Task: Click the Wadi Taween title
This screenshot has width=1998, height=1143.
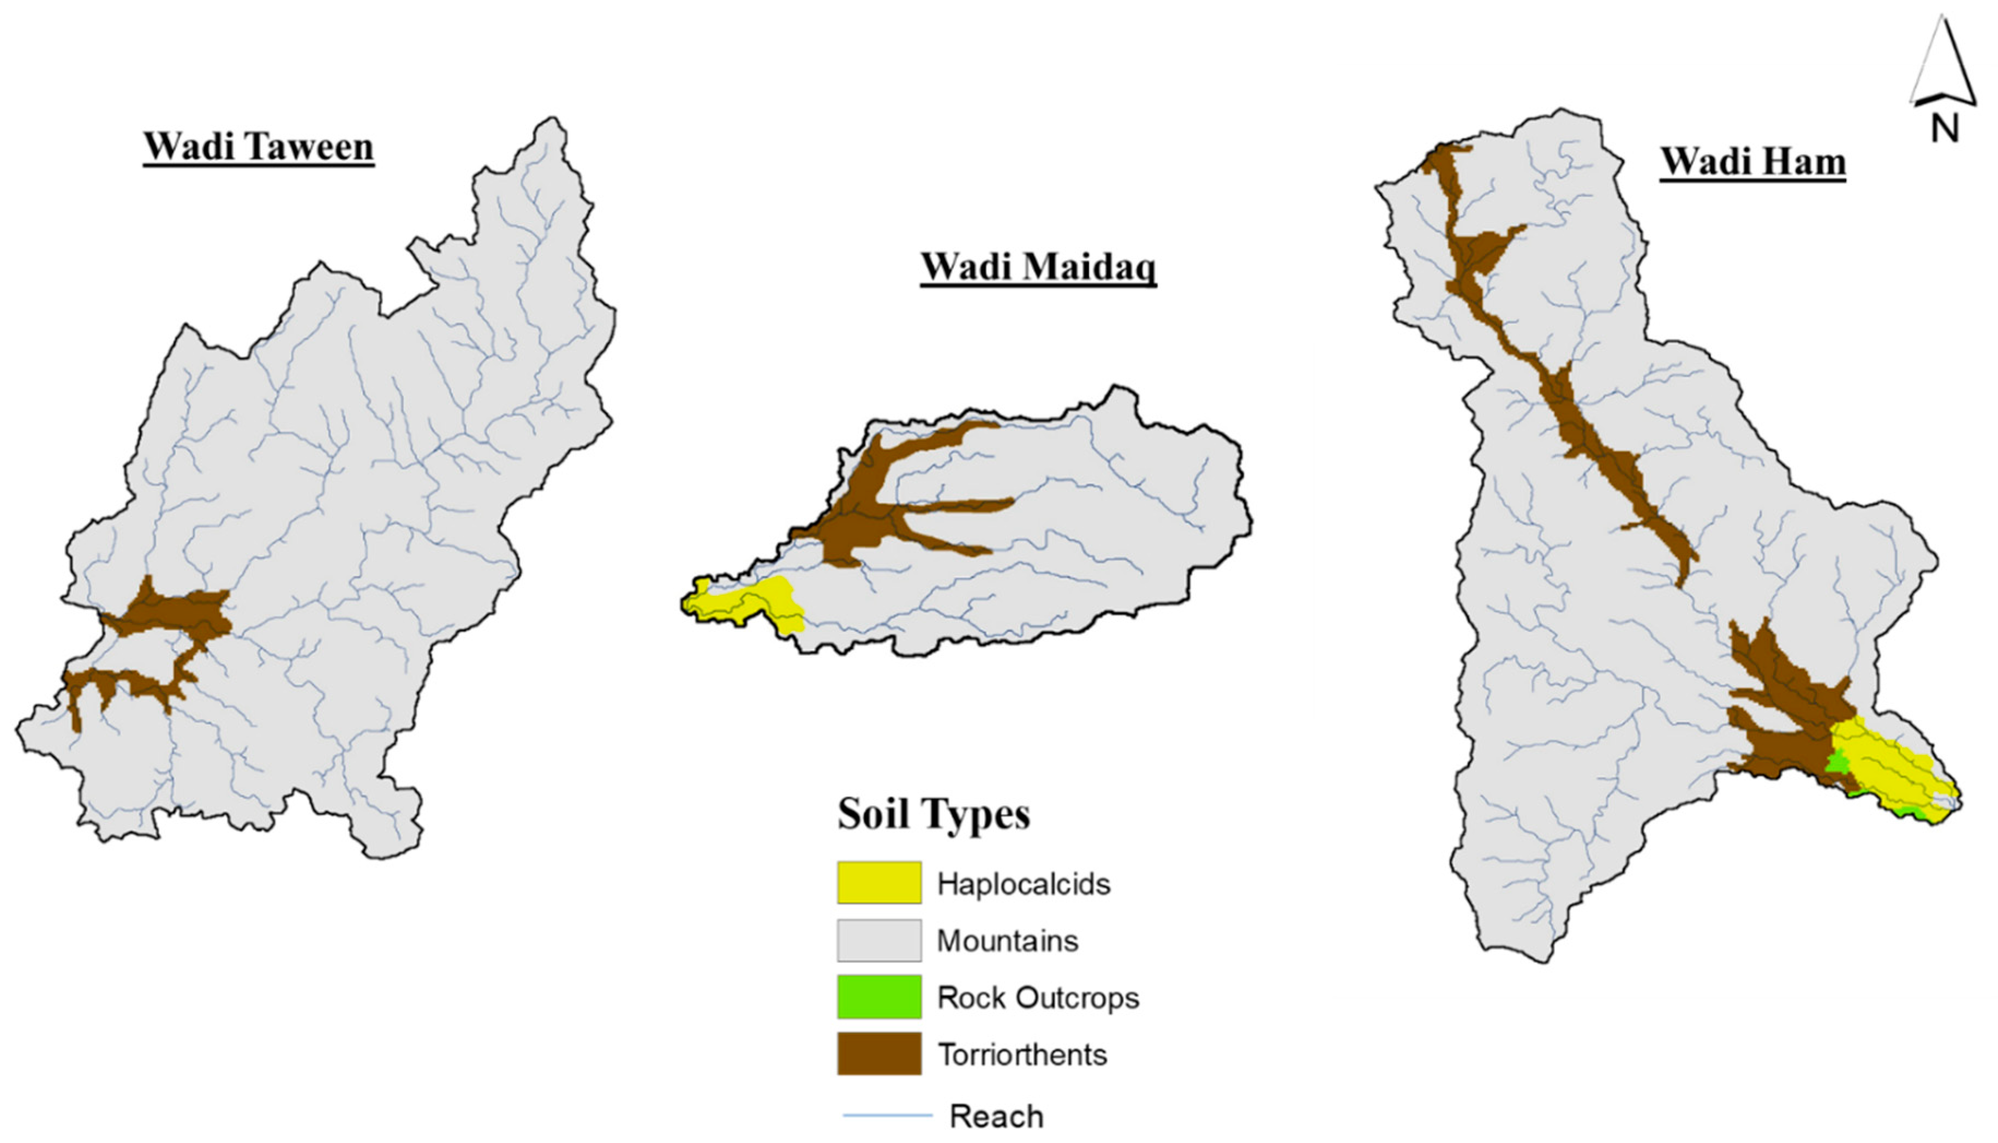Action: pos(258,147)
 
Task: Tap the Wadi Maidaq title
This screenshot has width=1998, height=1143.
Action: pos(1038,267)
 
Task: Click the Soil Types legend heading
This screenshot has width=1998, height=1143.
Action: pos(934,813)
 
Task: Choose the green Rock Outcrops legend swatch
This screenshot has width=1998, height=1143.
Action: pos(878,997)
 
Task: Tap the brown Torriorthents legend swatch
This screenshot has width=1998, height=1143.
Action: pos(878,1054)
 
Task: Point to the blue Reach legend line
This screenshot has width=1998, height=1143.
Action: pos(887,1115)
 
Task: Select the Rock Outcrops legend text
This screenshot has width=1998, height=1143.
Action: pos(1038,998)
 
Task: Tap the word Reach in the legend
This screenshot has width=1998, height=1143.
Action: pos(996,1116)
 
